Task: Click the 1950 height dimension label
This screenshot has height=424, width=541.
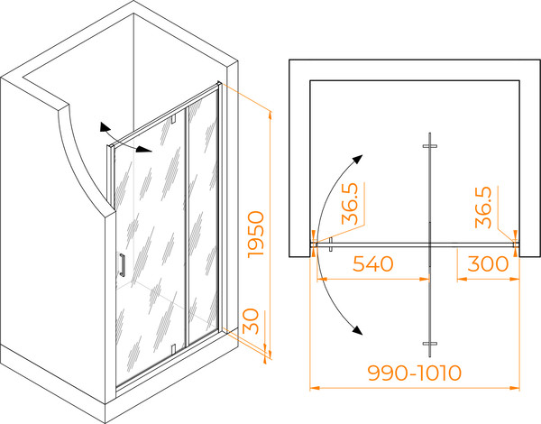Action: click(256, 234)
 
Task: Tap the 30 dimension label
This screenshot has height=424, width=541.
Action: click(251, 321)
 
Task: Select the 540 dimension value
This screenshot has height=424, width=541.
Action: click(373, 263)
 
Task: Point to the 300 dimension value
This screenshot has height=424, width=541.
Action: click(488, 263)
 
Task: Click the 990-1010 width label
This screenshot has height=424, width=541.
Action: click(415, 373)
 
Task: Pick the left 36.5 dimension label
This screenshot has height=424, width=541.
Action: click(350, 204)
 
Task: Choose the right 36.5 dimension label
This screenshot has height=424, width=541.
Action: click(483, 207)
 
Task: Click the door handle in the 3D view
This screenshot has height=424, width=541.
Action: click(122, 265)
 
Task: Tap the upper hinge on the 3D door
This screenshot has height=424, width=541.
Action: click(173, 118)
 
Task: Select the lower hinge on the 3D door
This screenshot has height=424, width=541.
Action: click(173, 349)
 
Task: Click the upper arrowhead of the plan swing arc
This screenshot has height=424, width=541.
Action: click(358, 159)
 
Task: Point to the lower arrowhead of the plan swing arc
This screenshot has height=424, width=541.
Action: click(358, 330)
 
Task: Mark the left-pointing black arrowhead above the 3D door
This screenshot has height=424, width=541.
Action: click(104, 127)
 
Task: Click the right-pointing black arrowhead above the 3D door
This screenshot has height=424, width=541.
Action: click(144, 149)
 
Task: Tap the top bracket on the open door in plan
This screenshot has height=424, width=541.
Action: click(430, 146)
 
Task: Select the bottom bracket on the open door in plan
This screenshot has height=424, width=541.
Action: click(430, 344)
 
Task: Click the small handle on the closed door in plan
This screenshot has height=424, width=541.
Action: click(331, 244)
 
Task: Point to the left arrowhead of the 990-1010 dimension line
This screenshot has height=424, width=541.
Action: click(314, 388)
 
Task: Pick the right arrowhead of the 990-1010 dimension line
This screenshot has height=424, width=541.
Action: click(515, 388)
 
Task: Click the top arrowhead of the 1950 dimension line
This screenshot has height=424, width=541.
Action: click(270, 115)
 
